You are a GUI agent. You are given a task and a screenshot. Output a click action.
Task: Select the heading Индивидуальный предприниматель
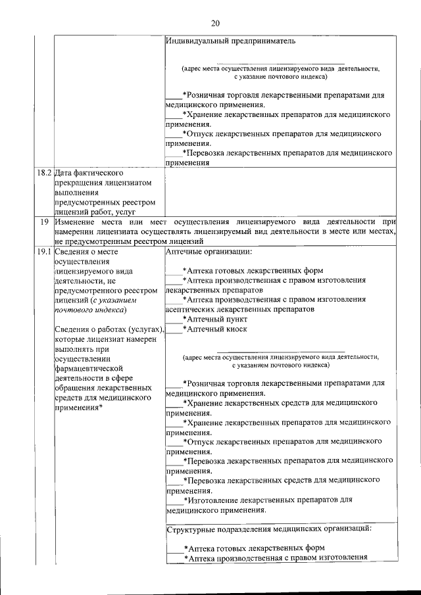click(231, 41)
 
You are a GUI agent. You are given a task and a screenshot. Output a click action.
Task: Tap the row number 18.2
click(43, 173)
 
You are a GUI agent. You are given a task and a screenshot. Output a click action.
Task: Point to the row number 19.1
click(43, 250)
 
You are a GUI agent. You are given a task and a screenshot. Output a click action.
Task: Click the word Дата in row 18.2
click(64, 173)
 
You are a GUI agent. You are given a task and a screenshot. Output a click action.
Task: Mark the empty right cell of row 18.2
click(281, 192)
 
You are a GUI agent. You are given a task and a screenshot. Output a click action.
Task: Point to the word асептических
click(190, 308)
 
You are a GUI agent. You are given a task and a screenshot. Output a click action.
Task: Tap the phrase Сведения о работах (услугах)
click(109, 329)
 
